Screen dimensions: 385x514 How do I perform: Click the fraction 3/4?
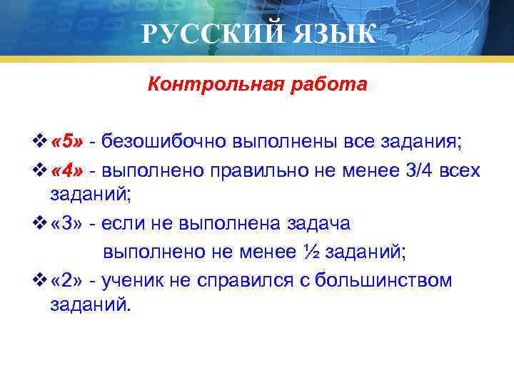[x=425, y=171]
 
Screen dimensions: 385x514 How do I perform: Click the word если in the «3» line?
[x=123, y=224]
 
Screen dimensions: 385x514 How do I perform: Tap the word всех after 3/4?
[x=463, y=171]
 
